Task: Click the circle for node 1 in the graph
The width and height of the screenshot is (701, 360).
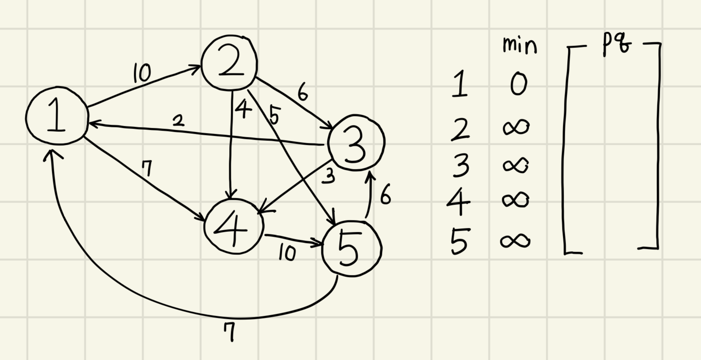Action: [57, 116]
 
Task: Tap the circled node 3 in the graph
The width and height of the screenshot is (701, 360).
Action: [356, 143]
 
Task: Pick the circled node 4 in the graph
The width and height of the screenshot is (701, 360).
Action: [234, 227]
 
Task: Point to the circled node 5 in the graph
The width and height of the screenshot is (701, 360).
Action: [351, 248]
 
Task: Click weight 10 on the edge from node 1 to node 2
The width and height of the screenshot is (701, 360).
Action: [142, 73]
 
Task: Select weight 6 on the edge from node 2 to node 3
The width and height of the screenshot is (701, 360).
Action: [302, 93]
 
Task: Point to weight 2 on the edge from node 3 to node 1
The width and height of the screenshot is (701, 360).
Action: [179, 120]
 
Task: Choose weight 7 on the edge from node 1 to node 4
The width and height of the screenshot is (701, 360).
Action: [147, 168]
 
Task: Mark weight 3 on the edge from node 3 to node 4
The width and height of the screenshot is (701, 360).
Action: [328, 176]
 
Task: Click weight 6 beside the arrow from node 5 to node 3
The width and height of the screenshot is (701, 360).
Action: [386, 194]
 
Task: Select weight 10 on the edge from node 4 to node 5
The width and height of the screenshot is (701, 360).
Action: [287, 253]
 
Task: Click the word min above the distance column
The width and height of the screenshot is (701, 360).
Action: [519, 45]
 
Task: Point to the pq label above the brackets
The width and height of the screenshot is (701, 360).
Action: [616, 45]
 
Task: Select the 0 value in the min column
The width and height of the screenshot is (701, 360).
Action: [519, 84]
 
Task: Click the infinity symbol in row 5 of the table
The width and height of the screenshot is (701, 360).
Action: [515, 241]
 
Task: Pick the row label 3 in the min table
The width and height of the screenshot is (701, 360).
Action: [461, 165]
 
